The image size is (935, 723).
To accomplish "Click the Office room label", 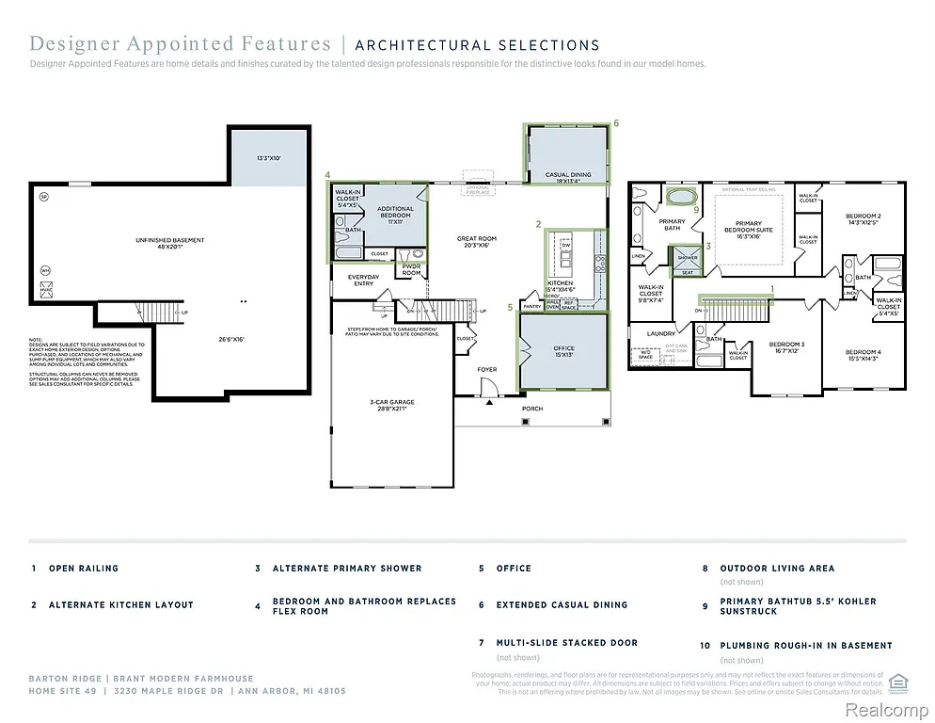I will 563,352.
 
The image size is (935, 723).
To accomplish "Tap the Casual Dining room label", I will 568,176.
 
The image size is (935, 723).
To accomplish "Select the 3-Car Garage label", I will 391,405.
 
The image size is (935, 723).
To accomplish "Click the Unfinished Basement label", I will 169,244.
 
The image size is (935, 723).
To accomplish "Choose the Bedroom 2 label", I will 863,218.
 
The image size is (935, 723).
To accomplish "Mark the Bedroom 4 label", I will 863,354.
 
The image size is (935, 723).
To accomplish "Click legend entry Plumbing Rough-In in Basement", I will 805,646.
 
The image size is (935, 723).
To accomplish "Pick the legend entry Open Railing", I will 84,569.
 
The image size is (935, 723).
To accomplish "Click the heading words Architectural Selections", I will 477,44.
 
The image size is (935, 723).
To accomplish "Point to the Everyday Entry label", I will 364,281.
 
